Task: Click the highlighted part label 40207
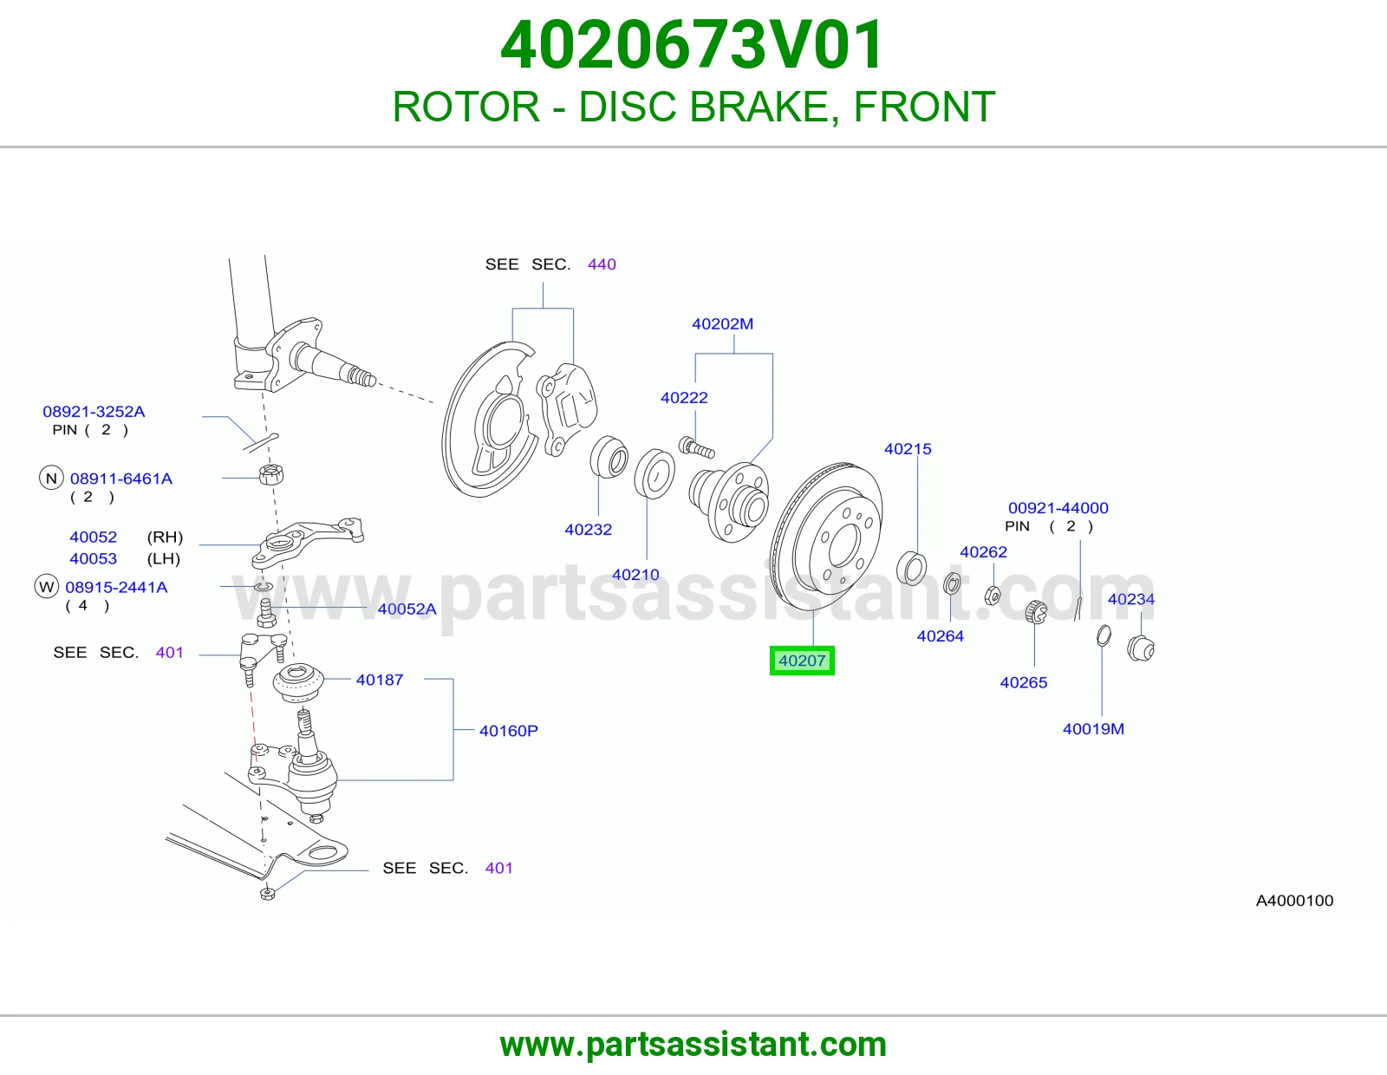(x=802, y=661)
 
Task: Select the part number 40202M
(x=723, y=324)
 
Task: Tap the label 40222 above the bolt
(x=684, y=398)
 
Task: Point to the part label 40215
(x=908, y=449)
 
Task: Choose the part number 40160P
(x=509, y=731)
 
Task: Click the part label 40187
(x=380, y=680)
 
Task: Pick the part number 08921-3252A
(x=94, y=412)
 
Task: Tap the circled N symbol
(x=51, y=479)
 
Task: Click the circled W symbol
(x=47, y=587)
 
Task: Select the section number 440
(x=602, y=264)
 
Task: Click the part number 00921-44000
(x=1058, y=508)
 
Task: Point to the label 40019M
(x=1093, y=729)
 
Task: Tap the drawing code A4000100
(x=1294, y=901)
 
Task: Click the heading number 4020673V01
(x=693, y=45)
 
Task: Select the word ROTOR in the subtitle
(x=466, y=107)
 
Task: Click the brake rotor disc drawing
(x=826, y=537)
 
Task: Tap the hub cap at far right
(x=1141, y=648)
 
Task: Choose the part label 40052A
(x=407, y=609)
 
